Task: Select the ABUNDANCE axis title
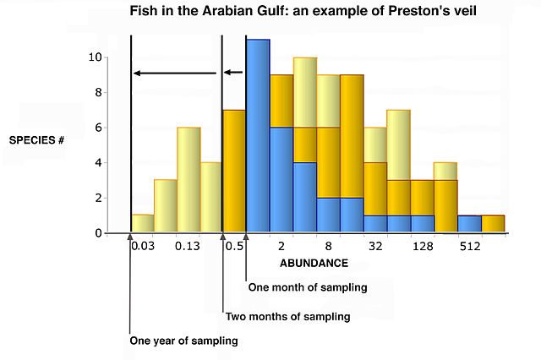(x=314, y=263)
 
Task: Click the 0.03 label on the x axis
(x=142, y=246)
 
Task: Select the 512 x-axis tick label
(x=470, y=246)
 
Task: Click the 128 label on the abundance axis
(x=423, y=246)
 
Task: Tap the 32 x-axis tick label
(x=375, y=246)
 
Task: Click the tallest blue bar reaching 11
(x=258, y=135)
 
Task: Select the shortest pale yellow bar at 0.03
(x=143, y=223)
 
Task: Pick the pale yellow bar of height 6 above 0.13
(x=189, y=179)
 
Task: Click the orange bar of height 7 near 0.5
(x=233, y=171)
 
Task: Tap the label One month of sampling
(x=308, y=287)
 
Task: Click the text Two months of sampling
(x=287, y=317)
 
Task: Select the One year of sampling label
(x=183, y=341)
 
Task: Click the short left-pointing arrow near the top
(x=233, y=73)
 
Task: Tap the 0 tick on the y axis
(x=98, y=233)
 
